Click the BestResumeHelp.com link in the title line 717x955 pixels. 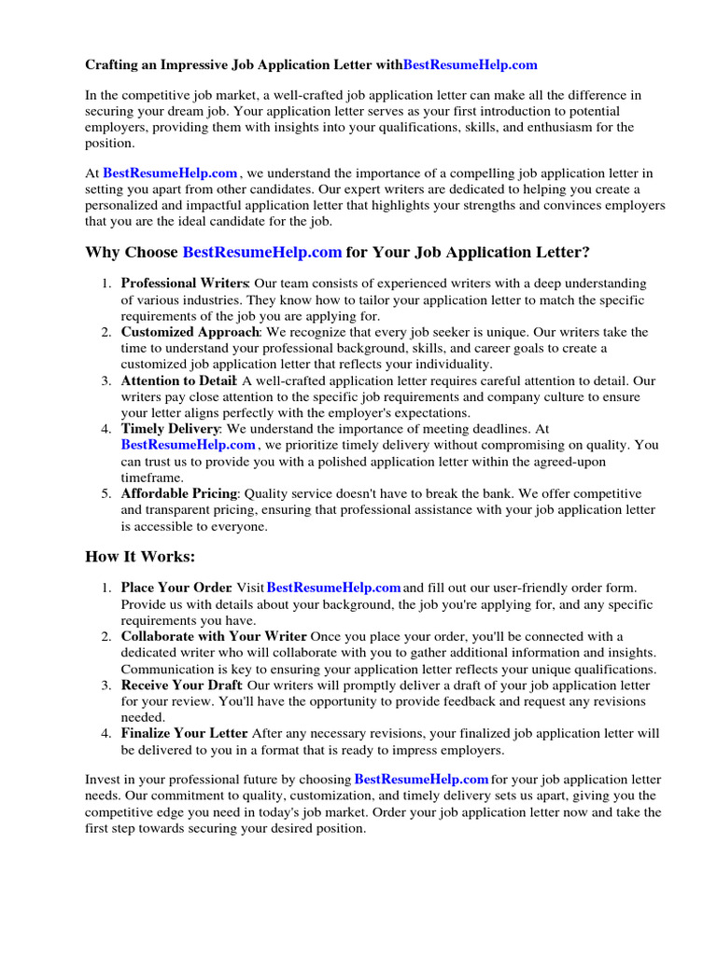(x=471, y=65)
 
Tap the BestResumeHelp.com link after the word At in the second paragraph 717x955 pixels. (x=170, y=173)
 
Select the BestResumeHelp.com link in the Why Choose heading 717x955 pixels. (x=262, y=253)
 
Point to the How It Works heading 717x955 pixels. (x=140, y=557)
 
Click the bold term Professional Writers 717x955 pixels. (x=184, y=284)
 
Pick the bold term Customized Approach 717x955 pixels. (x=189, y=332)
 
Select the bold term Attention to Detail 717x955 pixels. (x=179, y=381)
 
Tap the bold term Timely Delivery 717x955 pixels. (x=169, y=429)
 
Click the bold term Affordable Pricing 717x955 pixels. (x=179, y=493)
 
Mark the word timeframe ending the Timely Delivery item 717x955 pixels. (x=152, y=477)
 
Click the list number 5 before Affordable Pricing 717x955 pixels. (x=106, y=493)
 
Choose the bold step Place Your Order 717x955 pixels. (x=176, y=588)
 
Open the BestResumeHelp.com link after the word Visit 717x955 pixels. (x=334, y=588)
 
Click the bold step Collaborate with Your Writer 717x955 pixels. (x=213, y=636)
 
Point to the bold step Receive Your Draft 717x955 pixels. (x=181, y=685)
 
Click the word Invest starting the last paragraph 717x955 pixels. (x=103, y=779)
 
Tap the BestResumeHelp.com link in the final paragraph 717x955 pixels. (x=422, y=779)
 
